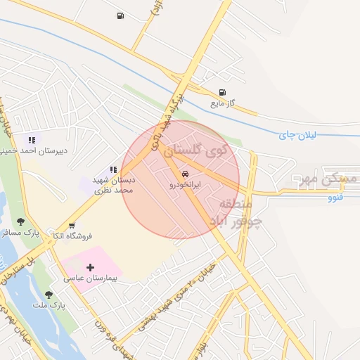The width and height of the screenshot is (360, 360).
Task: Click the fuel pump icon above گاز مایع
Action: pos(223,92)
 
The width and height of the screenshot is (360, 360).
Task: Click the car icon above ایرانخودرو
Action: pos(185,173)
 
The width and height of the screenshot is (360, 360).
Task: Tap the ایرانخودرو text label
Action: pos(185,184)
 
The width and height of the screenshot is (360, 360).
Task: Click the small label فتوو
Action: pos(335,198)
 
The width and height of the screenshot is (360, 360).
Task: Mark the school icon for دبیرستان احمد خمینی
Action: pos(32,140)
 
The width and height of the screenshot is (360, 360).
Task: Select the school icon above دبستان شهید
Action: pos(113,169)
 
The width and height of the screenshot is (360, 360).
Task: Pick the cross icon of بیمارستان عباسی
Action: pos(90,267)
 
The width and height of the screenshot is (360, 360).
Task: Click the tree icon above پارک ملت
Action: pos(49,295)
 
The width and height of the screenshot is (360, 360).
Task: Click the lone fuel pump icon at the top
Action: pos(120,15)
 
